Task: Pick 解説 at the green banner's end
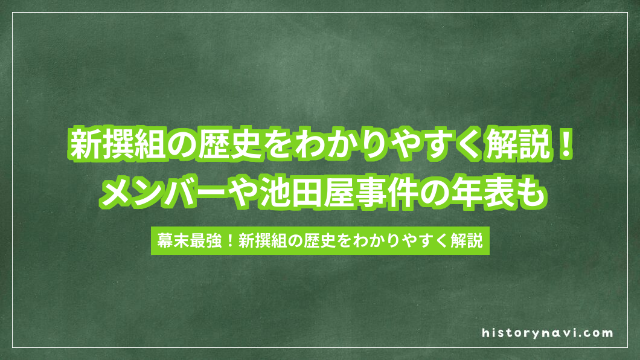tap(467, 241)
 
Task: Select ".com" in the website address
tap(599, 333)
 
